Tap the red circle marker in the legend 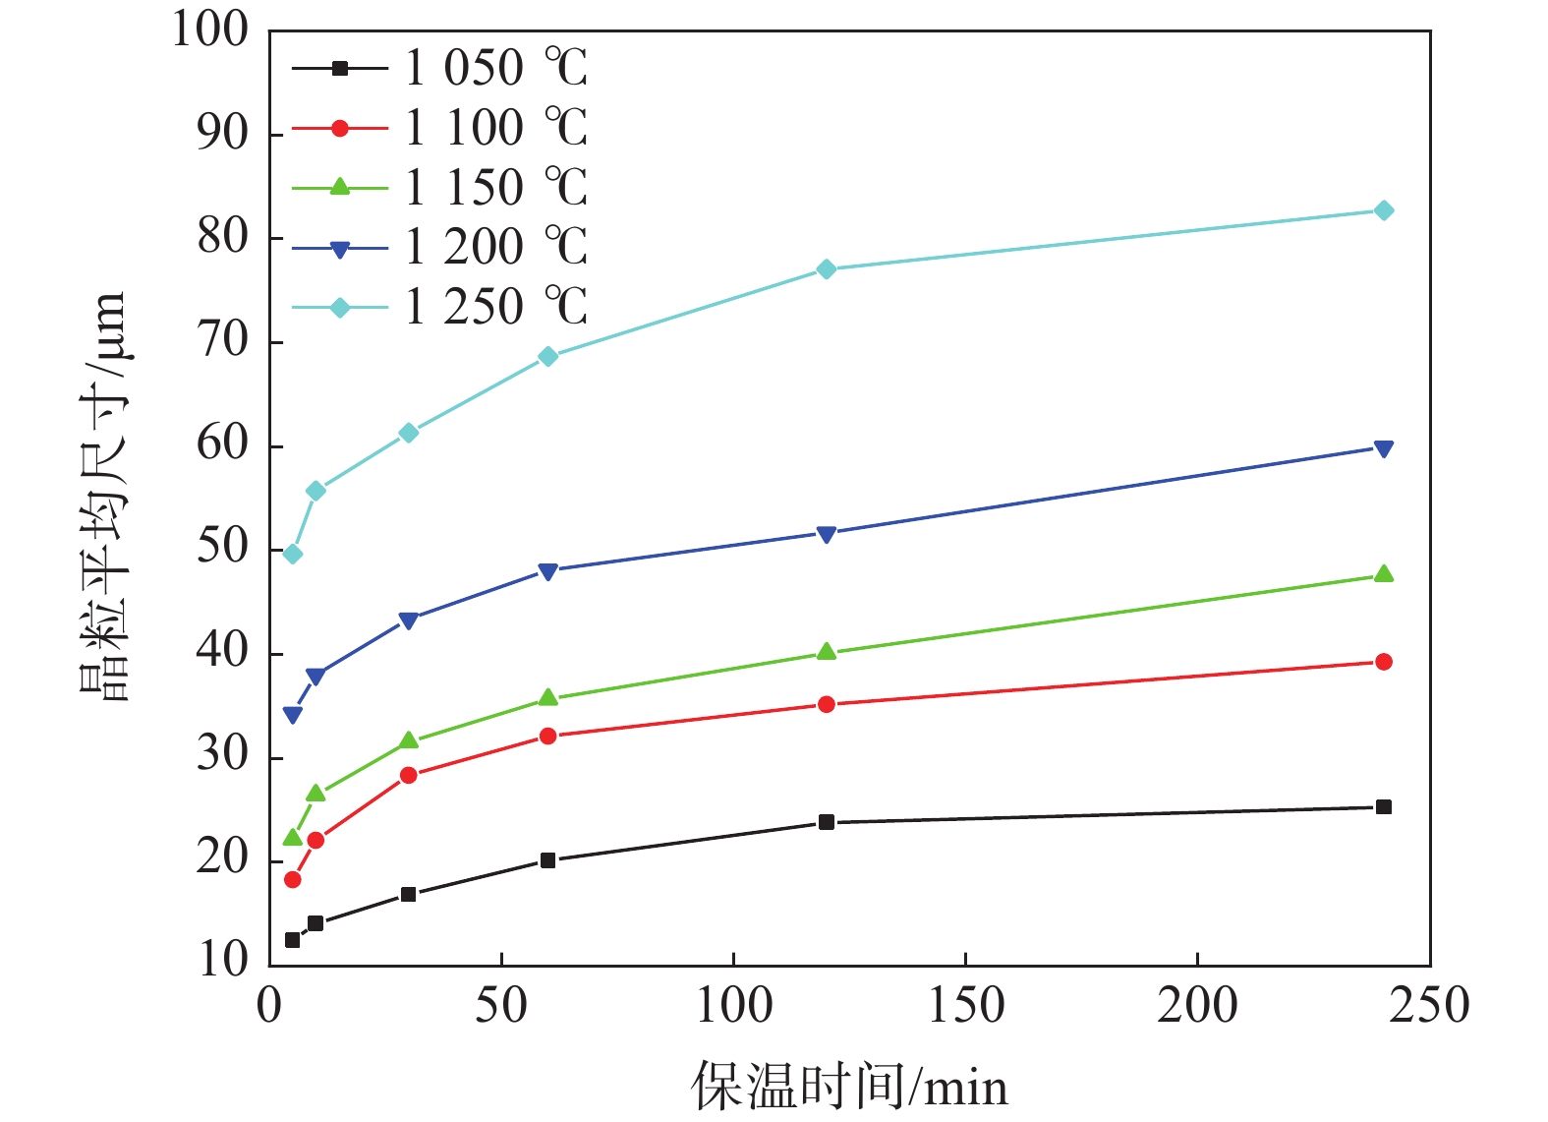(x=339, y=128)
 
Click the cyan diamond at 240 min (x=1383, y=210)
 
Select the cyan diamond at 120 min (x=826, y=269)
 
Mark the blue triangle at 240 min (x=1383, y=449)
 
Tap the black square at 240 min (x=1383, y=807)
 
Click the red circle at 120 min (x=826, y=704)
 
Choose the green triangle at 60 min (x=547, y=698)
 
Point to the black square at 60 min (x=547, y=860)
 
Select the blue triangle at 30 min (x=408, y=620)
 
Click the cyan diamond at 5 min (x=292, y=555)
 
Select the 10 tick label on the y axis (x=223, y=960)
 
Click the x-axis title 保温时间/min (x=849, y=1088)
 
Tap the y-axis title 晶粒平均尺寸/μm (x=103, y=497)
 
